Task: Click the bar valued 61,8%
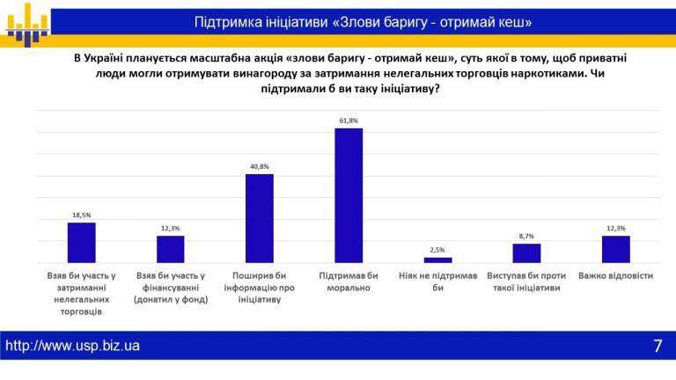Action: point(349,195)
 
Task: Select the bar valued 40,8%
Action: point(259,218)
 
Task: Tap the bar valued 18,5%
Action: point(81,242)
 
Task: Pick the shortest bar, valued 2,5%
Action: point(437,259)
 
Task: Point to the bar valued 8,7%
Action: point(526,252)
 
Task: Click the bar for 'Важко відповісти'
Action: point(615,249)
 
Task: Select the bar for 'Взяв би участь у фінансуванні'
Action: point(170,249)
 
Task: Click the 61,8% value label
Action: point(349,121)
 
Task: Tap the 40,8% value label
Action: point(259,166)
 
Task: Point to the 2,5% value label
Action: point(437,250)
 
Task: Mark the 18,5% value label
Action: point(81,215)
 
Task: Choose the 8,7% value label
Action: point(526,236)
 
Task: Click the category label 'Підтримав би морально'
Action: point(349,281)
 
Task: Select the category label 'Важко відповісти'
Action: point(615,275)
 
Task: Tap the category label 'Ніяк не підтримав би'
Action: point(437,281)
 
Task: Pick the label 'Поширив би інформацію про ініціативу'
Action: point(259,287)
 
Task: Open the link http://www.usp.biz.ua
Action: point(73,346)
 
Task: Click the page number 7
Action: point(658,346)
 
